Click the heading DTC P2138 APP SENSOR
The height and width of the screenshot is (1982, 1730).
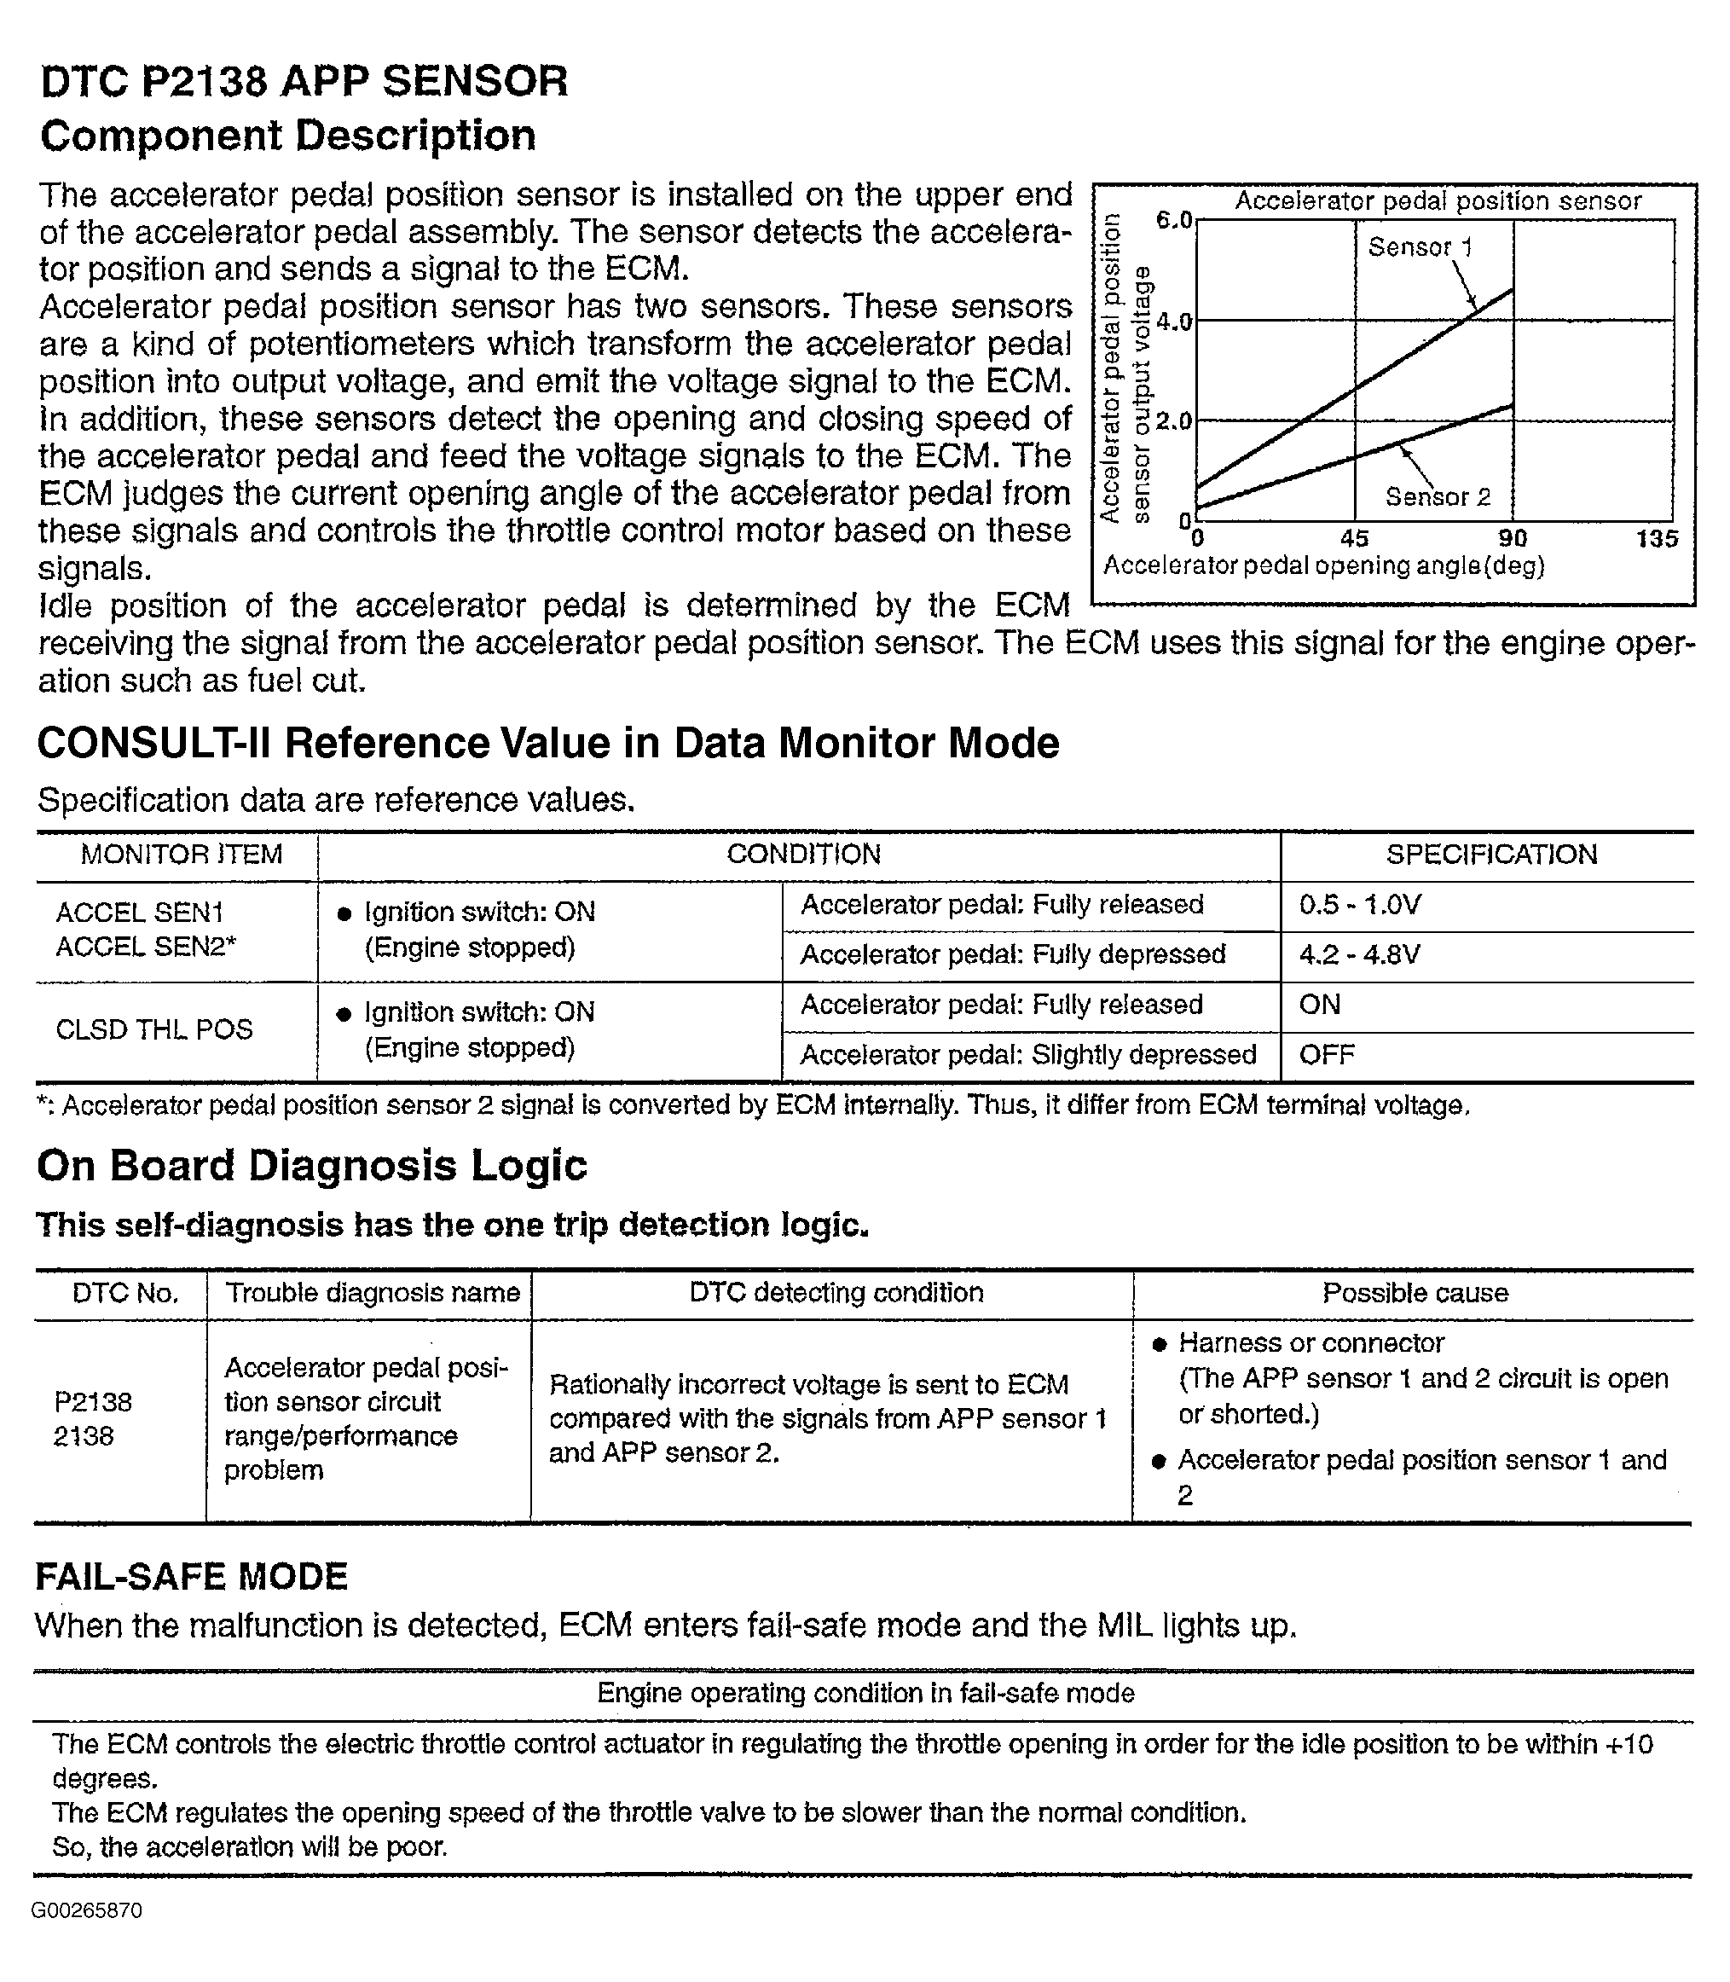click(x=304, y=80)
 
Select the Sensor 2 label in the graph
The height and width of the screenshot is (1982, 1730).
click(x=1438, y=497)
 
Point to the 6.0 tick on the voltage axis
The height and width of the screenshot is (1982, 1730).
click(x=1174, y=220)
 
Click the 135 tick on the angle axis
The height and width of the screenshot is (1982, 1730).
click(x=1657, y=539)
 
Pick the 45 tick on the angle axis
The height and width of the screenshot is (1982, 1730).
click(x=1355, y=539)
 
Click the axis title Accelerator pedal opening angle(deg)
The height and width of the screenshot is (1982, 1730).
click(x=1323, y=565)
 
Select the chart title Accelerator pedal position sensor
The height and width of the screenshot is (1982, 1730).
click(x=1438, y=200)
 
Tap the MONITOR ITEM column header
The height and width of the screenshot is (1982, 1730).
click(x=181, y=855)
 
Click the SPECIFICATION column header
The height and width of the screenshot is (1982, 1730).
click(x=1491, y=855)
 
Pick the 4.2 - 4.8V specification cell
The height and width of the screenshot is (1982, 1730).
click(x=1359, y=956)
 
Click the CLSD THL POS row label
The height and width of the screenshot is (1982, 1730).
click(x=154, y=1030)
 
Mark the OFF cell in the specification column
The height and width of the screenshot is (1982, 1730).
click(x=1327, y=1055)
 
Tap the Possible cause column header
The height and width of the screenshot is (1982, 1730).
click(x=1415, y=1294)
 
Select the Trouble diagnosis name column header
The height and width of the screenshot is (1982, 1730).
click(x=372, y=1294)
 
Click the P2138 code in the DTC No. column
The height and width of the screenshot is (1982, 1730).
click(x=93, y=1402)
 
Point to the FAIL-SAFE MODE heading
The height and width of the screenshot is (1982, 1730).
click(x=191, y=1577)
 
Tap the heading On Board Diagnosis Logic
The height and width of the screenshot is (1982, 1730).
click(x=311, y=1165)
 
